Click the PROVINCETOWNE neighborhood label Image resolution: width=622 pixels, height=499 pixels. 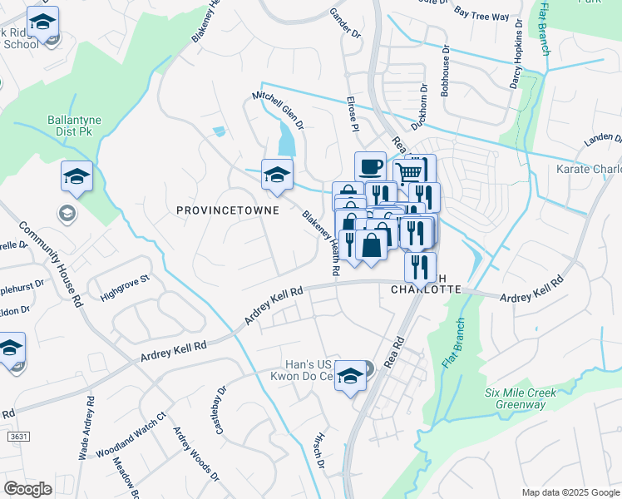click(x=227, y=211)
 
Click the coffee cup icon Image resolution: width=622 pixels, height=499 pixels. click(x=370, y=166)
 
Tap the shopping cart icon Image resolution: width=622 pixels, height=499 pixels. click(x=408, y=172)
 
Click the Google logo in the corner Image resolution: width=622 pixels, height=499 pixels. click(x=27, y=489)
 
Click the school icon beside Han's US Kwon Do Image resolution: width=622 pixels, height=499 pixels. click(x=351, y=375)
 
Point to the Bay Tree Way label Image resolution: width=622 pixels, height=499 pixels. click(x=482, y=15)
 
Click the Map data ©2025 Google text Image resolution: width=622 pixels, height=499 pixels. click(x=571, y=492)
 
